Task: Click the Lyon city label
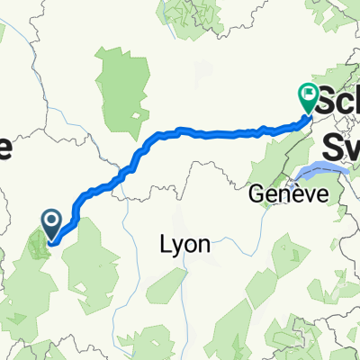click(184, 244)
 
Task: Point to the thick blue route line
click(207, 134)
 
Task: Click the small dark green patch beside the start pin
click(40, 243)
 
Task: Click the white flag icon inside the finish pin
click(308, 92)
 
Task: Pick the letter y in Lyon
click(177, 247)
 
